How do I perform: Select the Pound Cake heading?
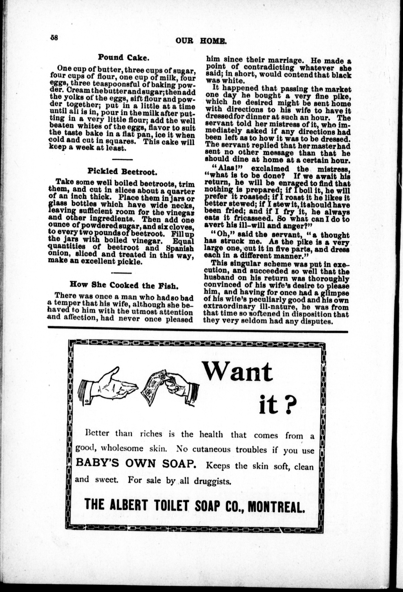pos(123,57)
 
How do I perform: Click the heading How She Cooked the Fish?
pos(124,285)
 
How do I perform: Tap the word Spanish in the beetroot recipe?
pos(180,248)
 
